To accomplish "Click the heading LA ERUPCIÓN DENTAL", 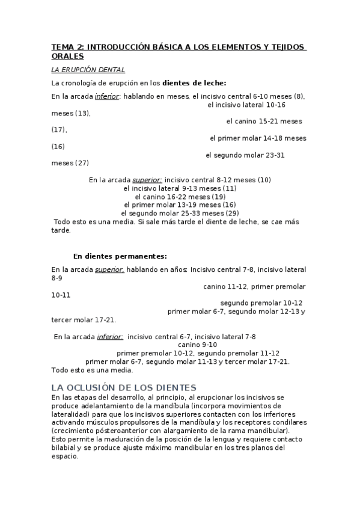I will click(88, 70).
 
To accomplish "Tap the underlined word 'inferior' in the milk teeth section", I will click(107, 96).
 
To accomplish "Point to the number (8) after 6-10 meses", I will click(299, 96).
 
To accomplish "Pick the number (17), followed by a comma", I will click(59, 129).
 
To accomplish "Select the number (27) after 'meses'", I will click(82, 163).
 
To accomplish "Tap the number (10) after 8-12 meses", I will click(264, 179).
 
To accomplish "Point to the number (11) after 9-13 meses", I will click(230, 188).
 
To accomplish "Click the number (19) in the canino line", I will click(218, 196).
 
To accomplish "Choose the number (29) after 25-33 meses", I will click(232, 213).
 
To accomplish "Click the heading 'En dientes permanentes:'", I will click(120, 256).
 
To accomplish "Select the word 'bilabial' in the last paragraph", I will click(64, 448).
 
